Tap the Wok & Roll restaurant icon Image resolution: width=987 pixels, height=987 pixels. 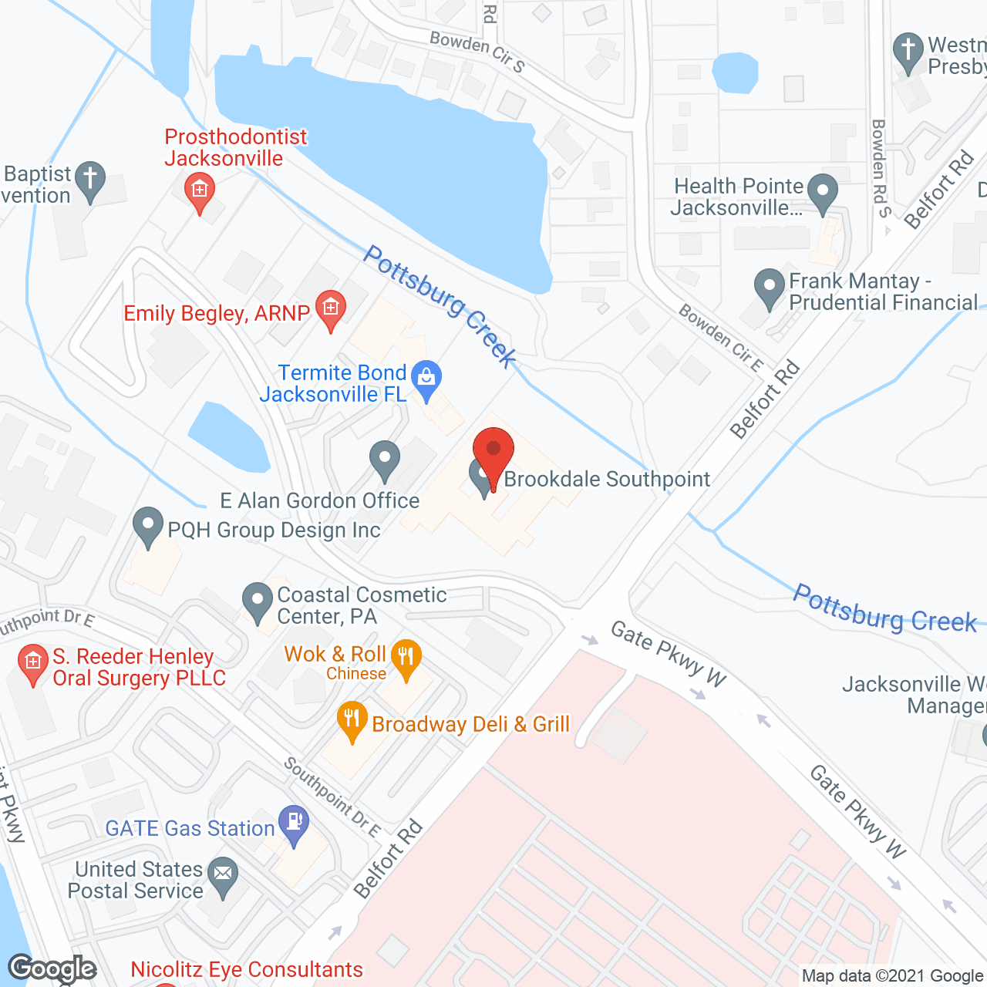tap(406, 658)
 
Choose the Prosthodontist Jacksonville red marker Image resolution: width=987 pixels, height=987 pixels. tap(200, 190)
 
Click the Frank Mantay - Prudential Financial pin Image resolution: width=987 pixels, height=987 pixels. tap(769, 286)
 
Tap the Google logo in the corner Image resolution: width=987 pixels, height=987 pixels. tap(52, 968)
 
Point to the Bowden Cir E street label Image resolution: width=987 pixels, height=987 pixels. tap(721, 338)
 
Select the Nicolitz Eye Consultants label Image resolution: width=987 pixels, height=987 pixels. tap(247, 970)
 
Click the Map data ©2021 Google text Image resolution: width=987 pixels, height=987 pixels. tap(892, 976)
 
